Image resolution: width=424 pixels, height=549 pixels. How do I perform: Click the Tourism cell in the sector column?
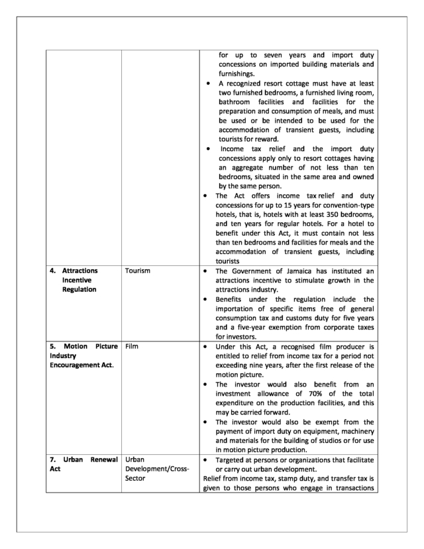point(138,271)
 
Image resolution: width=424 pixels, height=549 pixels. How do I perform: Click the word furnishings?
point(239,76)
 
